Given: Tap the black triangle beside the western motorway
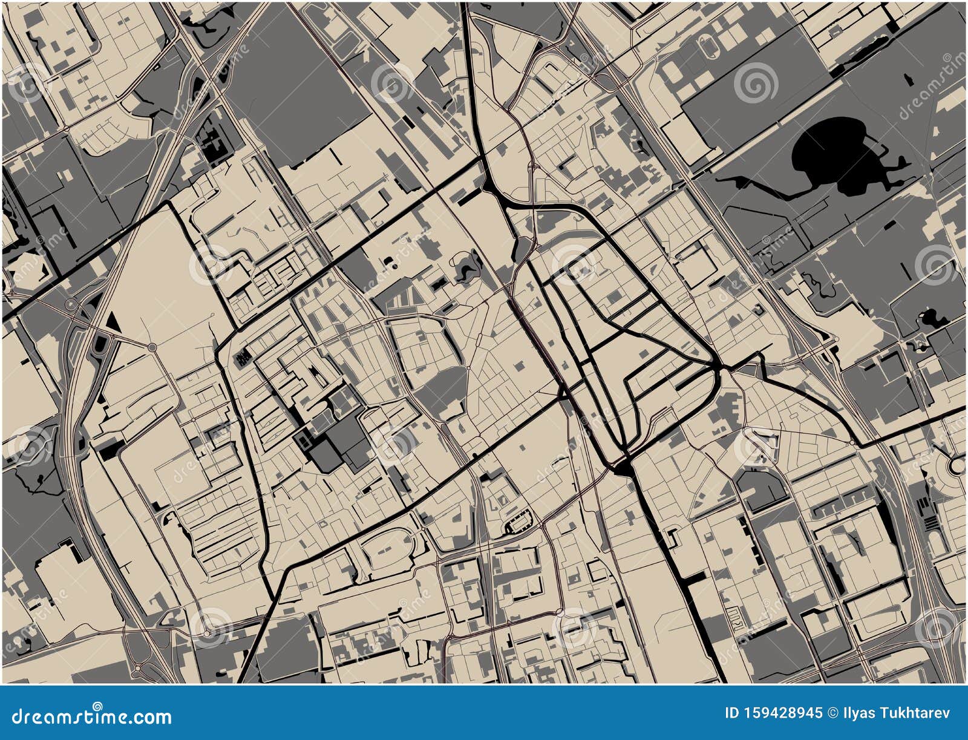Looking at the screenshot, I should [x=113, y=322].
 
